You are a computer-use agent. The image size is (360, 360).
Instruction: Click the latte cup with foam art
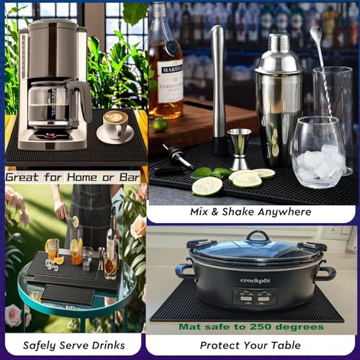(115, 124)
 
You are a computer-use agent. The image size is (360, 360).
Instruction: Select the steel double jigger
(240, 149)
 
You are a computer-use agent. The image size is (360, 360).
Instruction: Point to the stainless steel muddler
(220, 89)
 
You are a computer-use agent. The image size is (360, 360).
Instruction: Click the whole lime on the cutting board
(160, 125)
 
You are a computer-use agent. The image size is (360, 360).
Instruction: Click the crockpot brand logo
(255, 281)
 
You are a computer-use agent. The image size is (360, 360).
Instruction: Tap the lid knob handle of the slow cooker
(258, 236)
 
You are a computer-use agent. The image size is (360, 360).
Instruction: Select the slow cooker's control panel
(255, 297)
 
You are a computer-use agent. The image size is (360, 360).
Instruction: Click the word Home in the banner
(82, 177)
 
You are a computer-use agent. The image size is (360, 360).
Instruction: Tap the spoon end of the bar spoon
(316, 32)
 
